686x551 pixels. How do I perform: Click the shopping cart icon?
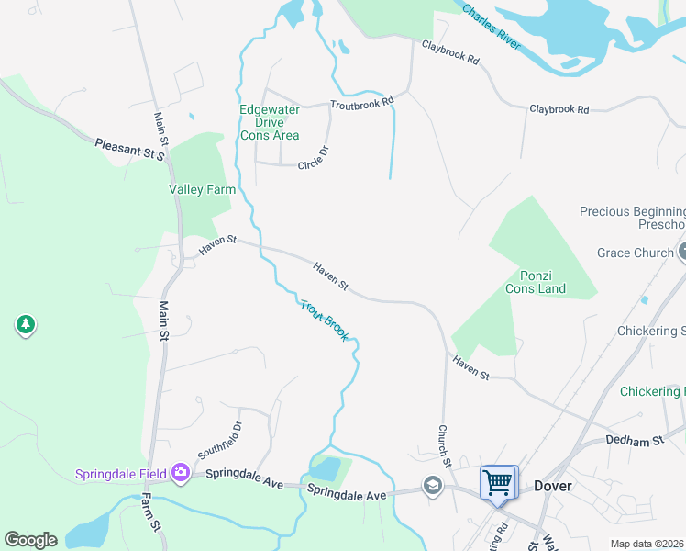498,481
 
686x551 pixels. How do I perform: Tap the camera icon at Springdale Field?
180,473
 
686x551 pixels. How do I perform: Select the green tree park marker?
26,324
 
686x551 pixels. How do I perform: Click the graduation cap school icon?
432,485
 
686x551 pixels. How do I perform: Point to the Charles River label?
492,28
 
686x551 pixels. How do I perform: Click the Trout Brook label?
325,320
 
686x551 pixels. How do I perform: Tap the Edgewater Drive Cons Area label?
270,122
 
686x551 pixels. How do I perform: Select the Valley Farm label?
202,189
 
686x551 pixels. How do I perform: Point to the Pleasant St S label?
128,150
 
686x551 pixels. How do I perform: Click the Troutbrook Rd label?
361,104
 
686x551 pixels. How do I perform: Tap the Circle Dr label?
314,158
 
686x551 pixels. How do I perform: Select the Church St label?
445,443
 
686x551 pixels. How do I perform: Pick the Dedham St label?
635,441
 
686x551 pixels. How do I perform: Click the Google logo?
30,540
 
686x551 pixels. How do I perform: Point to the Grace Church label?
635,253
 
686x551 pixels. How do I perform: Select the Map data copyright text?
647,544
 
